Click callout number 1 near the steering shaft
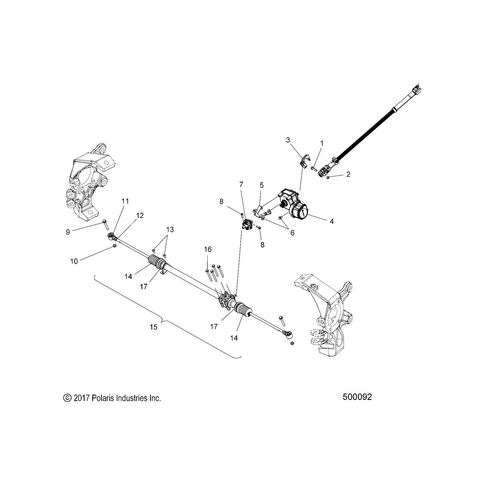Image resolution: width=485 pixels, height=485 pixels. [322, 143]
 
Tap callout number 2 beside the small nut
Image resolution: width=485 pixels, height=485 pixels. [348, 174]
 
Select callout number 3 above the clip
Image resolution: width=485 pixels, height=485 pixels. [288, 140]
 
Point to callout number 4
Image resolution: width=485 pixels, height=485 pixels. [332, 221]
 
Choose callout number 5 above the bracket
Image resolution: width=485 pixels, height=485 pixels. [262, 185]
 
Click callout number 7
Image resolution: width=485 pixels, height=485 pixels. [241, 184]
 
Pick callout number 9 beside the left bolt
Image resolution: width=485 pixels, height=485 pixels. [68, 232]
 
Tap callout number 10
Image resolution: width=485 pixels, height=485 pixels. [74, 261]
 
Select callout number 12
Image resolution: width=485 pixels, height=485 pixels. [140, 215]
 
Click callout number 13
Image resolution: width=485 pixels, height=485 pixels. [170, 230]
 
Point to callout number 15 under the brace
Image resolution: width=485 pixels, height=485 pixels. [154, 327]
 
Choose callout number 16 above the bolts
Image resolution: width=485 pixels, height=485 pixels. [208, 249]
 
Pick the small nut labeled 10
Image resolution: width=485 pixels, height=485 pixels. [114, 246]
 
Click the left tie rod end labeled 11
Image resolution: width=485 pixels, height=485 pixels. [110, 236]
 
